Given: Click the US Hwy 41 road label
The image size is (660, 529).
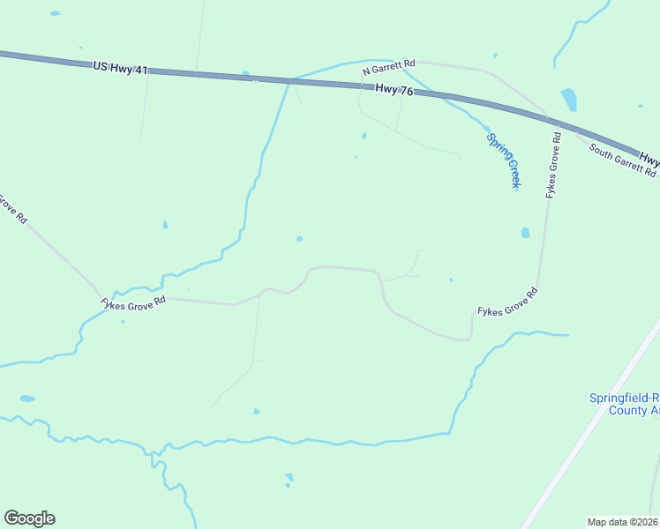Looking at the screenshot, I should click(120, 67).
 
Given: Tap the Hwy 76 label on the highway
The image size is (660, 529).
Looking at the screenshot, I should click(394, 88).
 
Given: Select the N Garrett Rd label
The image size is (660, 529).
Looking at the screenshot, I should click(388, 66).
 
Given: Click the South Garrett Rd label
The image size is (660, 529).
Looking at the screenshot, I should click(623, 161).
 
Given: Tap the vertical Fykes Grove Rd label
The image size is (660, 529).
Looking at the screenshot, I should click(553, 165).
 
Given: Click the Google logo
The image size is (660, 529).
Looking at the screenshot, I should click(29, 518).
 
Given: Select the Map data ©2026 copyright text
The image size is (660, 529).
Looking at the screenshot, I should click(623, 521).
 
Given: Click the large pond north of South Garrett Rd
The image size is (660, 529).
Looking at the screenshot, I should click(568, 99).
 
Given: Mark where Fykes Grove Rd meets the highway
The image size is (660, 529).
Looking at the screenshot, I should click(547, 115).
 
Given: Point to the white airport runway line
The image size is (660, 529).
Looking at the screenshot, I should click(591, 423).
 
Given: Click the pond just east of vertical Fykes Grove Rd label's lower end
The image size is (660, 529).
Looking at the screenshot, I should click(525, 233).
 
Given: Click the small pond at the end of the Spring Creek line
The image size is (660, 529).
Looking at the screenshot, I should click(486, 129).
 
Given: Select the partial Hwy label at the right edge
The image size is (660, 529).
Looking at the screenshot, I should click(649, 160).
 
